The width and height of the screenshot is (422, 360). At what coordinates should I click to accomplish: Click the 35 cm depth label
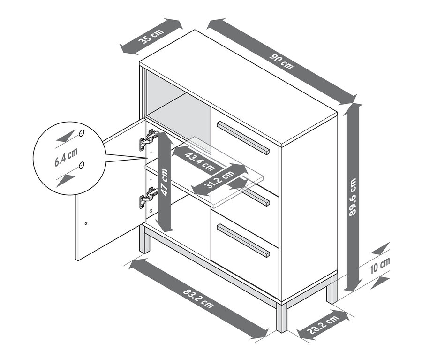tap(151, 36)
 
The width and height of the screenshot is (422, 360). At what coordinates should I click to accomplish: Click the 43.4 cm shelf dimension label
tap(199, 161)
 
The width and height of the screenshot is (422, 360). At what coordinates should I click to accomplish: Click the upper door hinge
tap(148, 139)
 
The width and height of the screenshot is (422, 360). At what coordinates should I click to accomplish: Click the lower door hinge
tap(148, 198)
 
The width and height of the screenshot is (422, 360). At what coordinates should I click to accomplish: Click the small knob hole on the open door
tap(87, 222)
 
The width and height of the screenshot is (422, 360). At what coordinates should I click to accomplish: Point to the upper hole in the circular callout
tap(82, 133)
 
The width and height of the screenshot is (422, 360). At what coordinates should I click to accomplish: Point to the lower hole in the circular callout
tap(82, 165)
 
